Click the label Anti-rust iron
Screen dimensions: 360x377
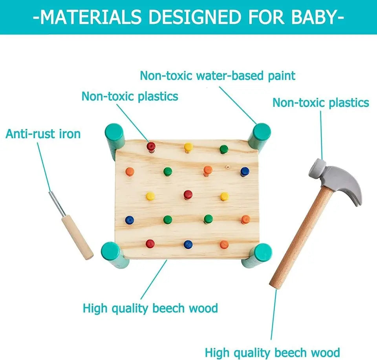pos(43,134)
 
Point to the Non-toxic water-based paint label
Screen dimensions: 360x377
pos(218,75)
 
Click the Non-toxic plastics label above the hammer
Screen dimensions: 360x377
pos(320,103)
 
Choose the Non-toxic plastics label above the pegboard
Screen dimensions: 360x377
pos(130,96)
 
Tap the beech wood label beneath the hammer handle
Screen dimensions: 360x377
pos(272,352)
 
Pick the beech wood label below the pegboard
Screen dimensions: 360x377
pos(150,308)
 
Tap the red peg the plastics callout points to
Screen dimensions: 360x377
pos(151,146)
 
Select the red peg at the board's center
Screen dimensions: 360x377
pos(188,194)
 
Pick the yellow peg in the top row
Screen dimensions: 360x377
pos(188,147)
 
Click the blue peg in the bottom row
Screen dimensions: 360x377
pos(188,244)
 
